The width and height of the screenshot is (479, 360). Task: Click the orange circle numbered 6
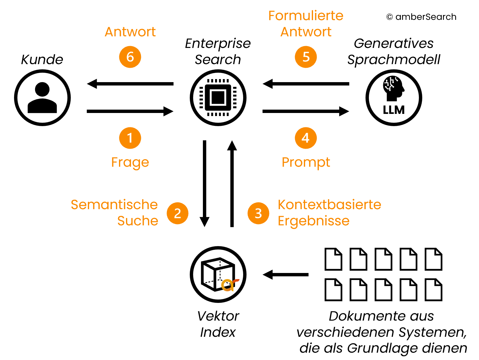click(130, 57)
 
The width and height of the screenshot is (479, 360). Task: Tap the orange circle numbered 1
click(130, 138)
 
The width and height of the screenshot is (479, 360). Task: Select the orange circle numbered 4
click(306, 138)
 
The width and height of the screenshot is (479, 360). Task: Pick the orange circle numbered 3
click(258, 213)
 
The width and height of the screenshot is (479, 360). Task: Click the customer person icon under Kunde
click(42, 98)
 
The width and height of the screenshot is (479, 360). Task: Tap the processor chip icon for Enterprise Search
click(218, 98)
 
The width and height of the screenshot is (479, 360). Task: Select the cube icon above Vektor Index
click(218, 274)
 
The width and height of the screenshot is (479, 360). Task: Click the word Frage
click(130, 162)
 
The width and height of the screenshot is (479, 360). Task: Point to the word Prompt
click(306, 162)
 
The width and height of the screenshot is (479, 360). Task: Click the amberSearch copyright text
click(421, 17)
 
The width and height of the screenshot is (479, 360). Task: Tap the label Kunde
click(42, 59)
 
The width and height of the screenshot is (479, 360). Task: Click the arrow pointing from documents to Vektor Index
click(286, 275)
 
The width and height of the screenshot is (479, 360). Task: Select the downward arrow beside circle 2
click(204, 183)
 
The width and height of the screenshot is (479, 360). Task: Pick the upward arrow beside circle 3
click(232, 183)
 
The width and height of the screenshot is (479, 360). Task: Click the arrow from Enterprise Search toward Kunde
click(130, 84)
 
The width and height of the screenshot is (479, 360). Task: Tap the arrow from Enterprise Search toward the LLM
click(306, 111)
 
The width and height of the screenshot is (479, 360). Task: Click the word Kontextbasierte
click(329, 205)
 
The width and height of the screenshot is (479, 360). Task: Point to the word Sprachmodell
click(394, 60)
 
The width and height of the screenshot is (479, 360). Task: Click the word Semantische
click(114, 205)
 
